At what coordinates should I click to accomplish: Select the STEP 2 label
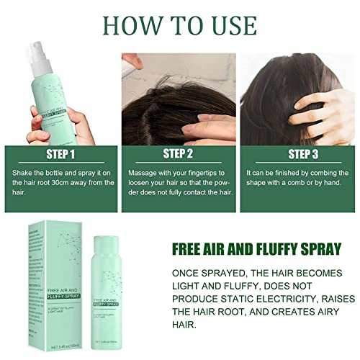click(x=180, y=153)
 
